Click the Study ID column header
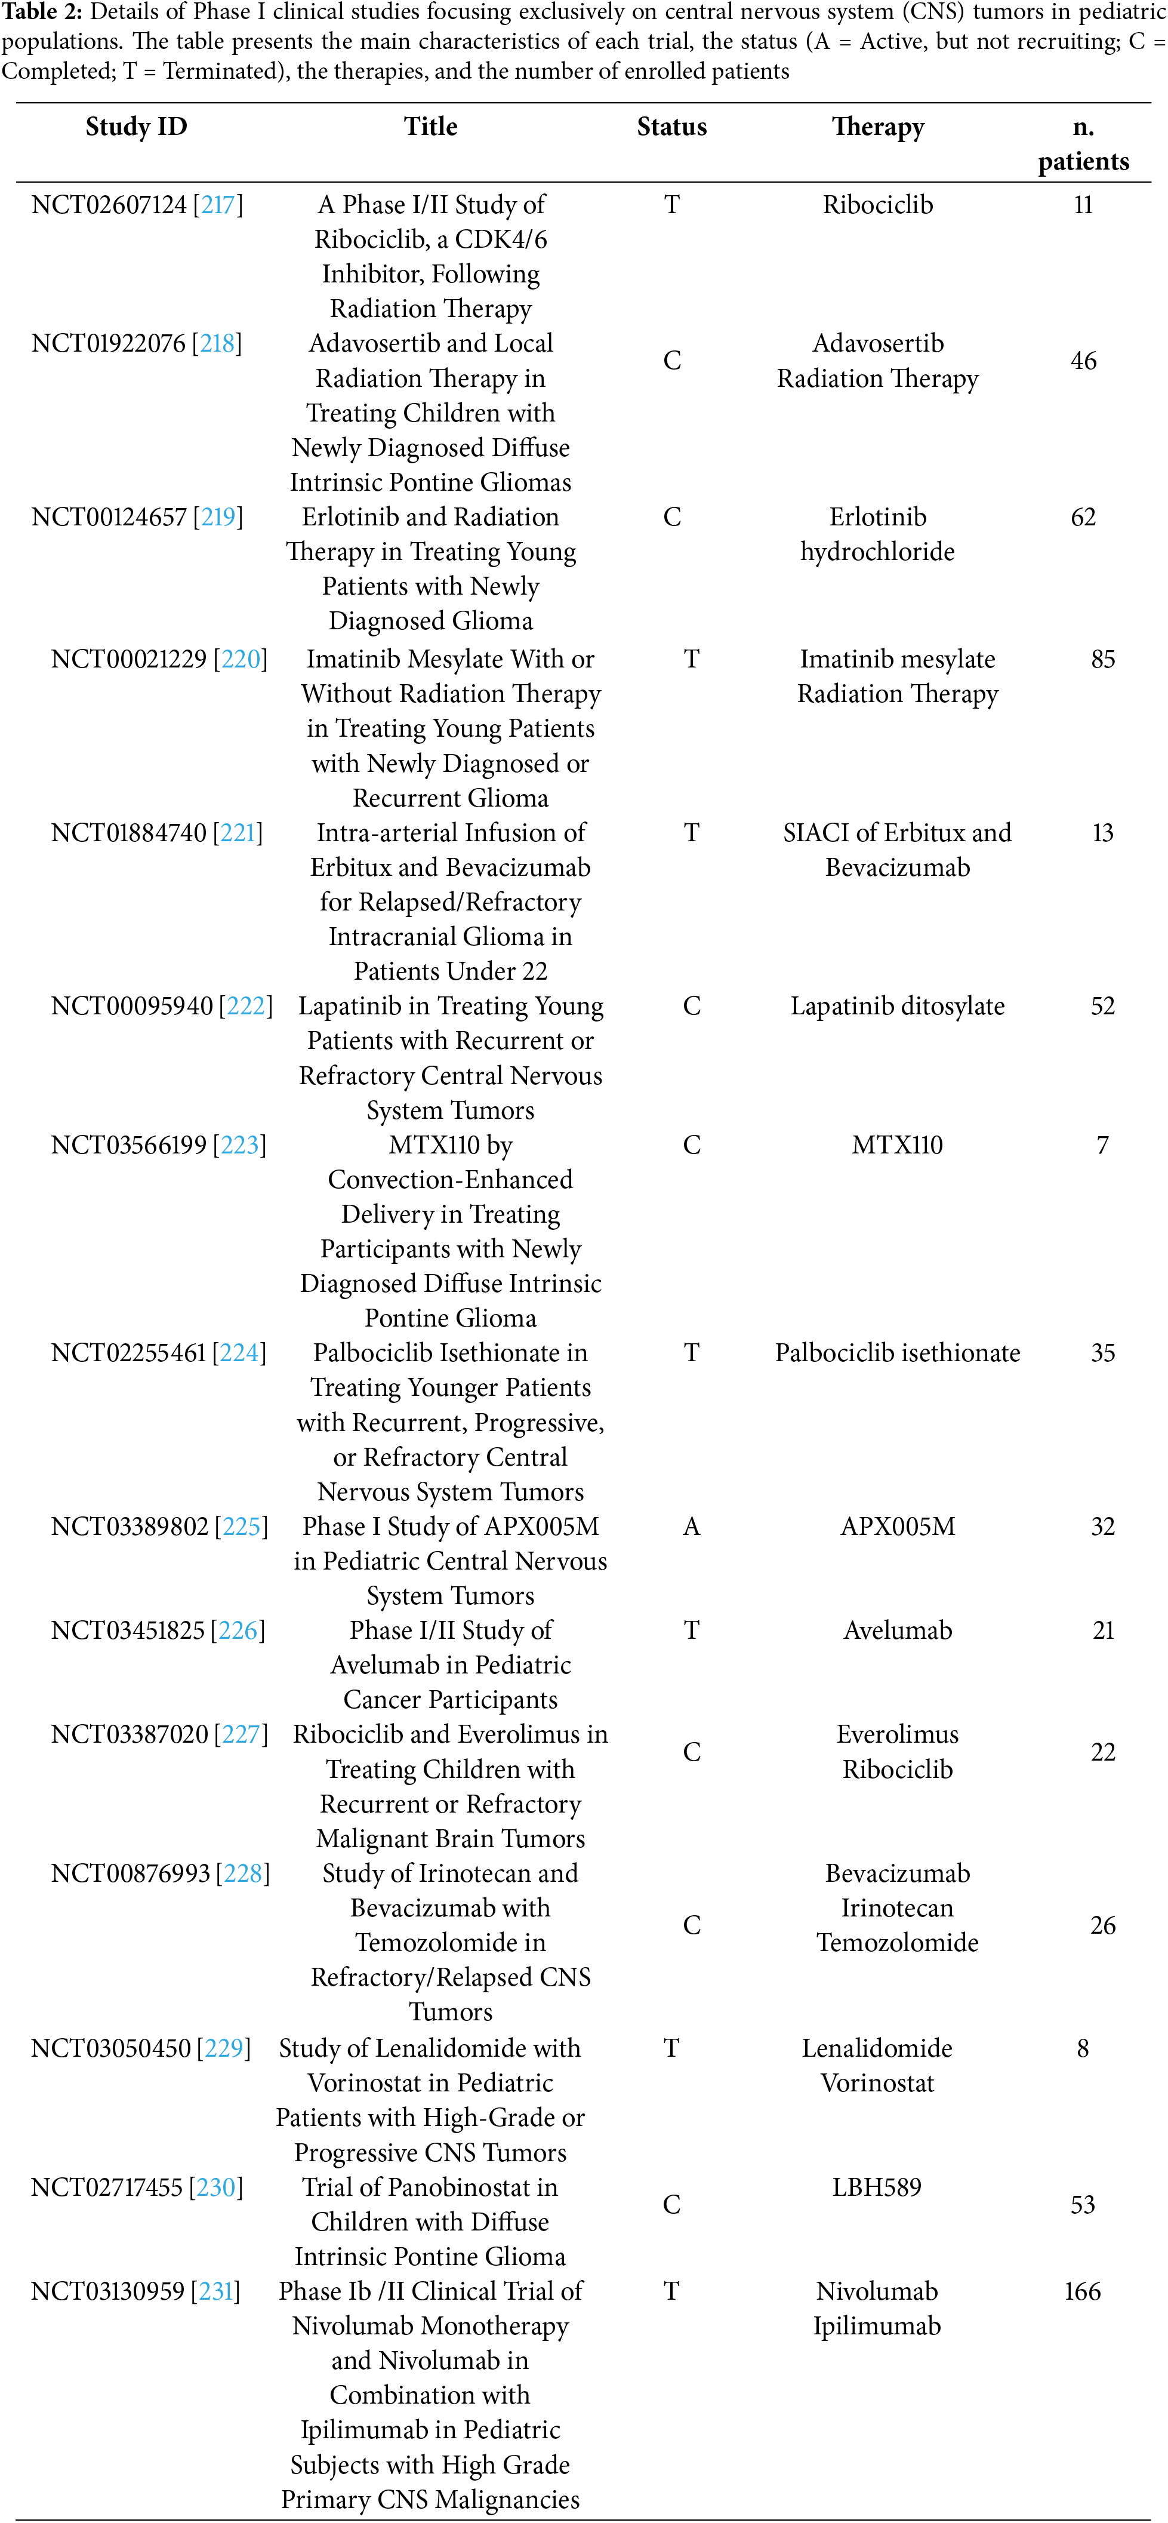[136, 127]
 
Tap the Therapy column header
[877, 127]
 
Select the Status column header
[671, 127]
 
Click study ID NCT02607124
[109, 205]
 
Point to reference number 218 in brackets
[217, 344]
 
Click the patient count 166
[1082, 2292]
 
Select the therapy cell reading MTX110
[897, 1145]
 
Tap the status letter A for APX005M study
[691, 1527]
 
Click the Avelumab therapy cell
[897, 1630]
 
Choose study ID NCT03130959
[107, 2292]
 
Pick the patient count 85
[1102, 659]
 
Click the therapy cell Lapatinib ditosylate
[897, 1007]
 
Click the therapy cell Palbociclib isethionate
[897, 1353]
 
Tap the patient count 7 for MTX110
[1102, 1145]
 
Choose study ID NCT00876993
[130, 1873]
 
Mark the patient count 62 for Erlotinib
[1083, 517]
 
